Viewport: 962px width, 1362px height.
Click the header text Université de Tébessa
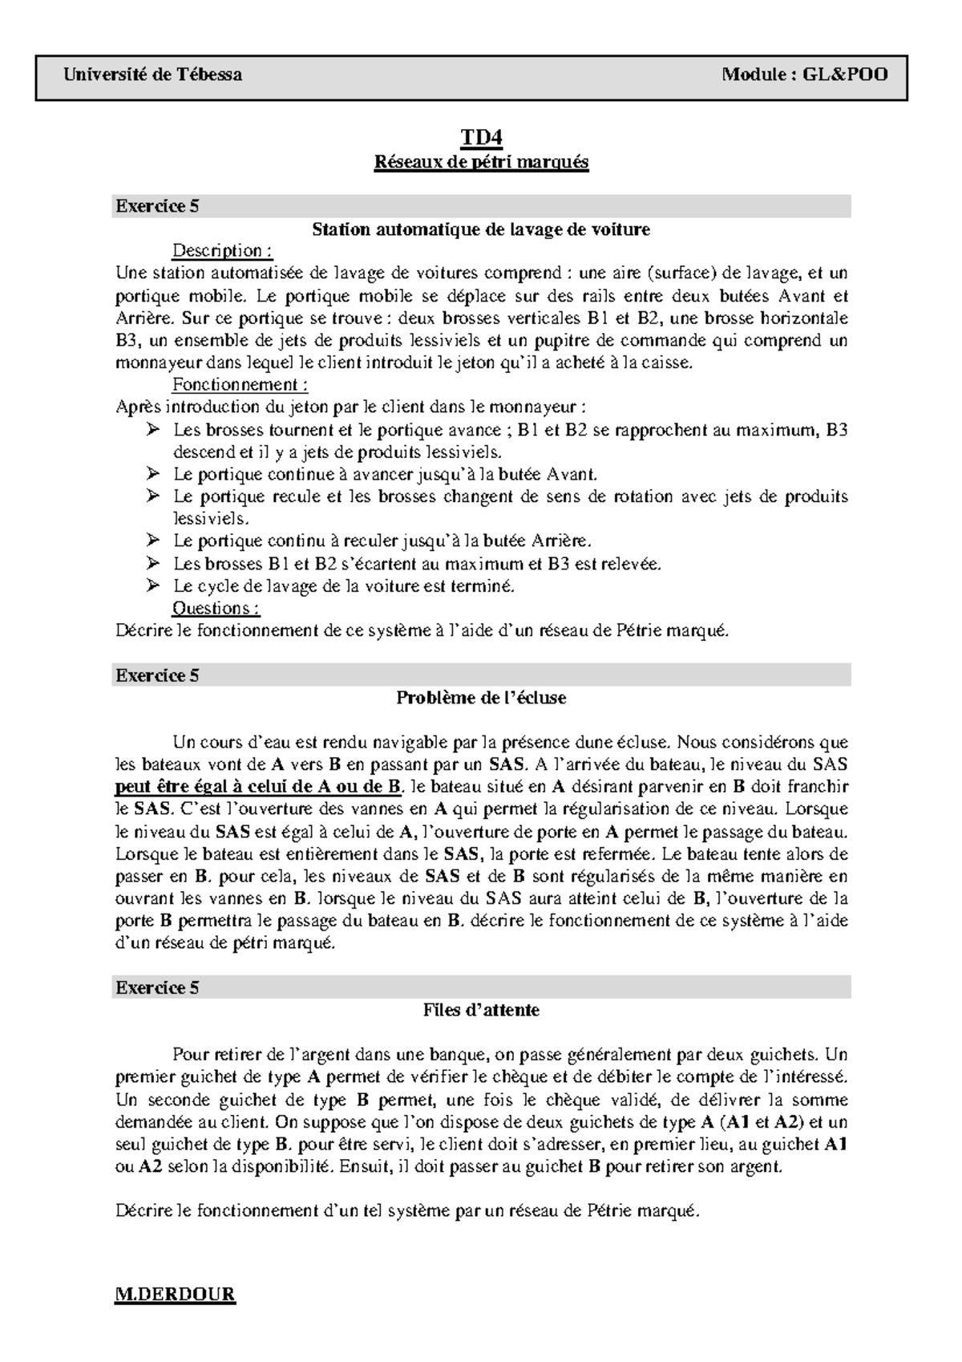(152, 75)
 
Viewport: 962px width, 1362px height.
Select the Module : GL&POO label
(804, 75)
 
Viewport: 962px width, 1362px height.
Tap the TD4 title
(481, 139)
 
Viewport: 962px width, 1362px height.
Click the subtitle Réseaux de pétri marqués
(481, 162)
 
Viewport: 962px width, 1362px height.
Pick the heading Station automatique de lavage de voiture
(481, 229)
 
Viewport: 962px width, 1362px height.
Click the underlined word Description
(222, 251)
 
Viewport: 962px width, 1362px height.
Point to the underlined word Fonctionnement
(240, 385)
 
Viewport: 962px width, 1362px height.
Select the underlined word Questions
(216, 608)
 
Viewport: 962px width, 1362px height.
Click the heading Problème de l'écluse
(481, 698)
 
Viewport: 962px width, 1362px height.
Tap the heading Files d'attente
(481, 1011)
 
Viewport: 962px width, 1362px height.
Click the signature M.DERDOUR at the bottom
(176, 1295)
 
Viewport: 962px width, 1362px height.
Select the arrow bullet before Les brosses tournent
(153, 431)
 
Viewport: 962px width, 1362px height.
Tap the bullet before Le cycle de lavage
(153, 586)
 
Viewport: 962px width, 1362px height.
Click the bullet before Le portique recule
(153, 497)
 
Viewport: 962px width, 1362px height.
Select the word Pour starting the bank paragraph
(189, 1055)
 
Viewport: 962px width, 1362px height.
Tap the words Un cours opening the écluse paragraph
(204, 743)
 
